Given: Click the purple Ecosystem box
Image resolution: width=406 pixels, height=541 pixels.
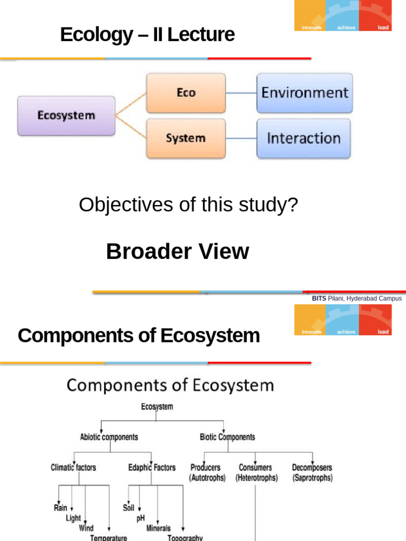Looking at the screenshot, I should [66, 116].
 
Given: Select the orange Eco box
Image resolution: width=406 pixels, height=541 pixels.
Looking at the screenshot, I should [186, 93].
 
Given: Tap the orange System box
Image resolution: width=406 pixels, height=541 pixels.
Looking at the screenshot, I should [186, 138].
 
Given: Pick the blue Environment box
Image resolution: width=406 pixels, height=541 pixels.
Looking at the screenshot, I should [304, 93].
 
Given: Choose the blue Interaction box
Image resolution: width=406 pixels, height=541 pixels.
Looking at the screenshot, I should [304, 138].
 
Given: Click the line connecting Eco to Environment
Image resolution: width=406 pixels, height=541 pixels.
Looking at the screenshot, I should [242, 94].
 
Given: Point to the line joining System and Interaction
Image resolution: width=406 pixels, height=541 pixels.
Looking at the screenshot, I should [242, 139].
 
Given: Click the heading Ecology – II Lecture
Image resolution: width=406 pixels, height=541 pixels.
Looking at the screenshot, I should [147, 35].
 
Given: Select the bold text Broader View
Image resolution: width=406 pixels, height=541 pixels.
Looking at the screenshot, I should [178, 251].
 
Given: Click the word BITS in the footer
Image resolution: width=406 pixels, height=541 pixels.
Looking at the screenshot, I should [319, 299].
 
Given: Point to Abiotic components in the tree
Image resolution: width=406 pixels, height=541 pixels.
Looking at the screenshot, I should [109, 437].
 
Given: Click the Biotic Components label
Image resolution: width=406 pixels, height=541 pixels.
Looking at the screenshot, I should [227, 437].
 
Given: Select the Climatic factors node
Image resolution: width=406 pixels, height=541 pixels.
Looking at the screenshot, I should [73, 468].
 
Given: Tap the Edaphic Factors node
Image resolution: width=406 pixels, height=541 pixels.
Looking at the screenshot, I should [152, 468].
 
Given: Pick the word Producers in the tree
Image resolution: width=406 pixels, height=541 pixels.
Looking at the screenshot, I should [206, 468].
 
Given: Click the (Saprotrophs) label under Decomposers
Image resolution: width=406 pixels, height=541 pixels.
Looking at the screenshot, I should [312, 478].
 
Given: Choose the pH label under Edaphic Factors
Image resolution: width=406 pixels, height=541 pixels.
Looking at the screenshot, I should [140, 518].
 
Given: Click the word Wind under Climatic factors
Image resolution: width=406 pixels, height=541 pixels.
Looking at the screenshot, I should [86, 528].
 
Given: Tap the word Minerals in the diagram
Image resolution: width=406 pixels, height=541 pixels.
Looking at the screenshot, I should [159, 528].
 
